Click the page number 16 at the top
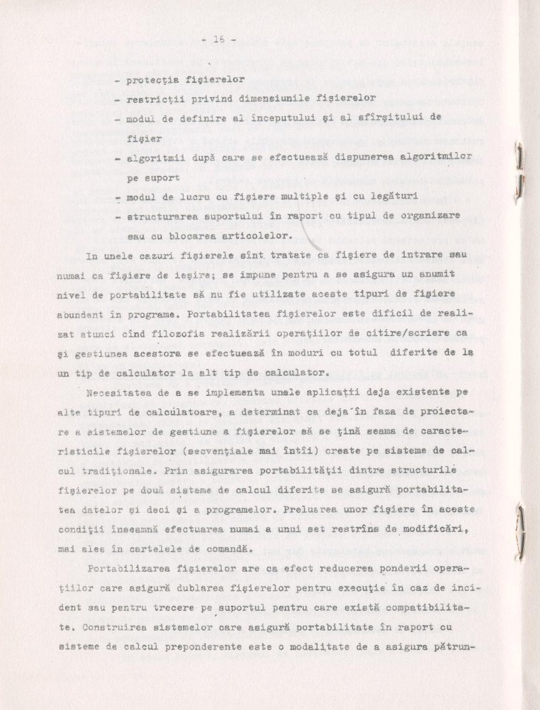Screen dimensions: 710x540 218,39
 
